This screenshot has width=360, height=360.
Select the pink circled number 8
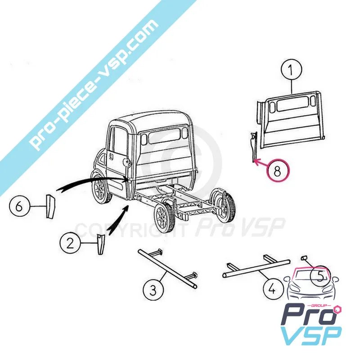click(x=278, y=171)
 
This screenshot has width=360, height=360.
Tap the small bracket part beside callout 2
click(x=100, y=243)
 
